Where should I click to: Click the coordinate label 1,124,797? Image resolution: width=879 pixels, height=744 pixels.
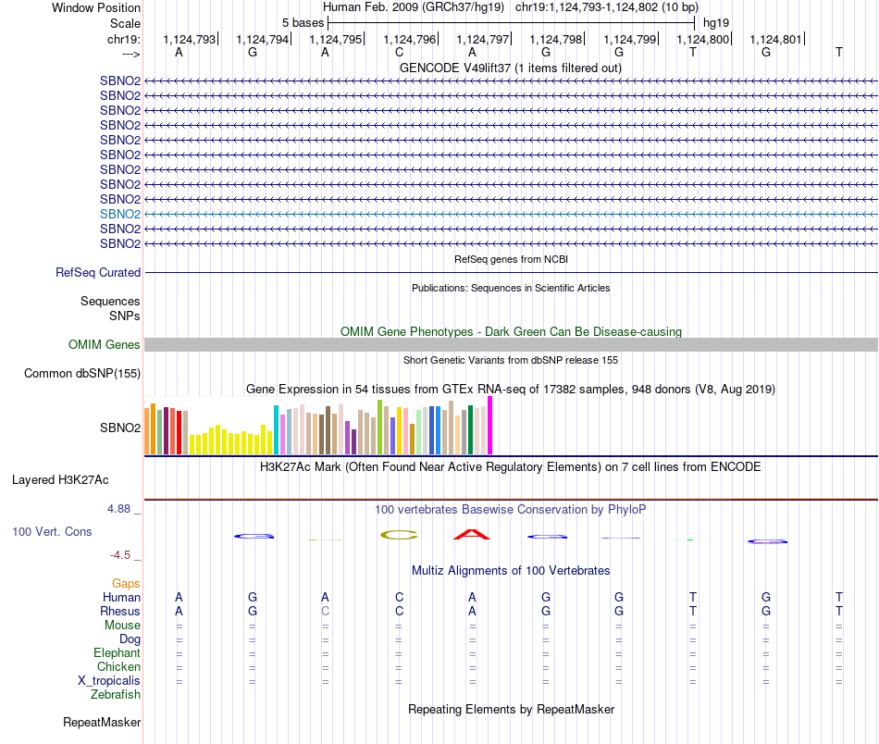click(482, 39)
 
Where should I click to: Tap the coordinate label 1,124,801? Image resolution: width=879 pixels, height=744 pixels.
click(775, 39)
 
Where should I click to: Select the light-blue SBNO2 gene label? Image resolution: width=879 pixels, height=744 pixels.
click(120, 214)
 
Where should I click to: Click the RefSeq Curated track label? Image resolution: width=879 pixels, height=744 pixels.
click(98, 273)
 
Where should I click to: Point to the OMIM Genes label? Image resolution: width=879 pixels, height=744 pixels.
click(105, 345)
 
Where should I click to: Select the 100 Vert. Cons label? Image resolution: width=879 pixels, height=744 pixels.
click(51, 532)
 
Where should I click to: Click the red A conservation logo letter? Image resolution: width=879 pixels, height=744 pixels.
click(472, 534)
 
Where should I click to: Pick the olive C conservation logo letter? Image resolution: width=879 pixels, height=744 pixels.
click(399, 534)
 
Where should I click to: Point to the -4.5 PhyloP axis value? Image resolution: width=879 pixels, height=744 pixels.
click(122, 555)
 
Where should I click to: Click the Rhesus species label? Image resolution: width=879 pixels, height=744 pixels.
click(120, 612)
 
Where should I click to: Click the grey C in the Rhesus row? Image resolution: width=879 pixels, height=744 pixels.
click(325, 612)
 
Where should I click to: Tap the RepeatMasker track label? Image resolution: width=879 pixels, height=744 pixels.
click(102, 722)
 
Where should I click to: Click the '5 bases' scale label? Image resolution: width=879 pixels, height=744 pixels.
click(303, 22)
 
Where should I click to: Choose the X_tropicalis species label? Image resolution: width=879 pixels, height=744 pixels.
click(109, 681)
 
